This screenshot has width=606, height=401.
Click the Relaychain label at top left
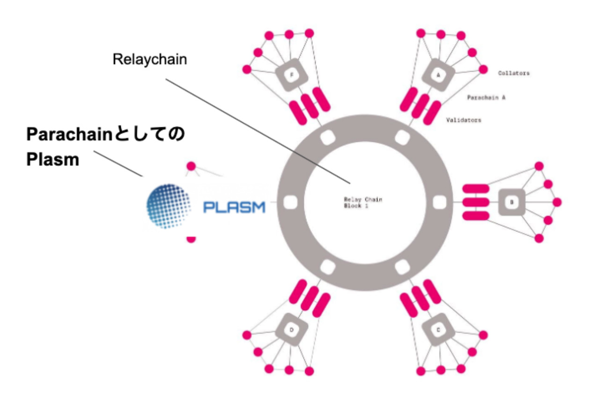click(150, 60)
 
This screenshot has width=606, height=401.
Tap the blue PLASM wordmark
click(234, 207)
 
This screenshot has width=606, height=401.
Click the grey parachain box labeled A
click(438, 74)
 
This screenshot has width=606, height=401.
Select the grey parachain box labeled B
click(512, 202)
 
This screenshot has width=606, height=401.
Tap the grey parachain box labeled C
click(438, 330)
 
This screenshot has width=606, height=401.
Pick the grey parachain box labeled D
click(291, 330)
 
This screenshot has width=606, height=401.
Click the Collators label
click(514, 73)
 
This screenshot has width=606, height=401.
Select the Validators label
click(464, 120)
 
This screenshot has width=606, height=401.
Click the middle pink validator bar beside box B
click(476, 202)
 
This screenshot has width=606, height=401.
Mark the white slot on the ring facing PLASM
click(290, 202)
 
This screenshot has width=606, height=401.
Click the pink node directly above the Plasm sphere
click(191, 166)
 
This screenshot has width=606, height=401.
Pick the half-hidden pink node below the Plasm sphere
click(191, 238)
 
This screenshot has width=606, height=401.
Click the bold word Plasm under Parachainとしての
click(52, 160)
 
